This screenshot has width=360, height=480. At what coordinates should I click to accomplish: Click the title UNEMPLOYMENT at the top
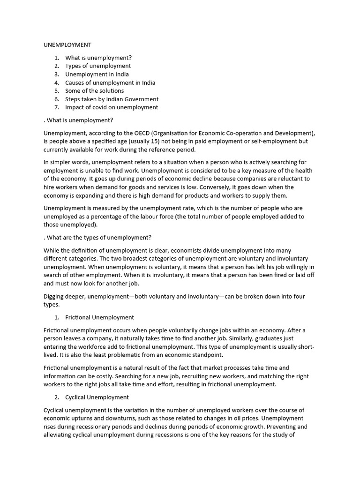(67, 45)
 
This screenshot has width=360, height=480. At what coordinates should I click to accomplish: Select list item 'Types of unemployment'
(98, 66)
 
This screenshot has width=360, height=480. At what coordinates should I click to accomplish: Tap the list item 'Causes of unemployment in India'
(110, 82)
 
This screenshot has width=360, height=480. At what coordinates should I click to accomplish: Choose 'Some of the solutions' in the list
(95, 91)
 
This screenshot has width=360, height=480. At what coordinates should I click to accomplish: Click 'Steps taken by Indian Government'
(112, 99)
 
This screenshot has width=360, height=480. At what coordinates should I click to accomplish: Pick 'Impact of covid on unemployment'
(112, 107)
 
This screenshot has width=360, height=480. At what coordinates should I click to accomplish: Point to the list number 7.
(56, 107)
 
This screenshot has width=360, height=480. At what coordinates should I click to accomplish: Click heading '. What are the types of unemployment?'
(97, 238)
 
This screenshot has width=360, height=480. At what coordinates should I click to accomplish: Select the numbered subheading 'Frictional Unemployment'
(99, 317)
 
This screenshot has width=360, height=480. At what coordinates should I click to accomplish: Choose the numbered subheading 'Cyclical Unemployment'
(97, 397)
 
